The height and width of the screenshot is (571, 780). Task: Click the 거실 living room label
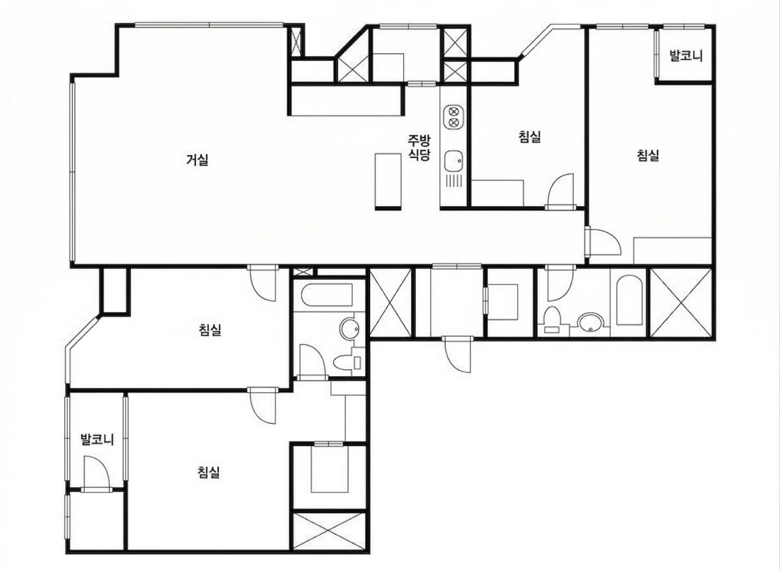[x=197, y=160]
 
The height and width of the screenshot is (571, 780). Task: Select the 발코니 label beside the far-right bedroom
[x=686, y=56]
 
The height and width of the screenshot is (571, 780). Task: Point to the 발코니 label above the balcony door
[x=97, y=440]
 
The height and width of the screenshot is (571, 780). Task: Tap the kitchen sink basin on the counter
[x=454, y=161]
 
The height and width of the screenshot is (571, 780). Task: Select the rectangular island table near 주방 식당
[x=388, y=181]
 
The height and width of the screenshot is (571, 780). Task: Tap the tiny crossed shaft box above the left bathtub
[x=303, y=272]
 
